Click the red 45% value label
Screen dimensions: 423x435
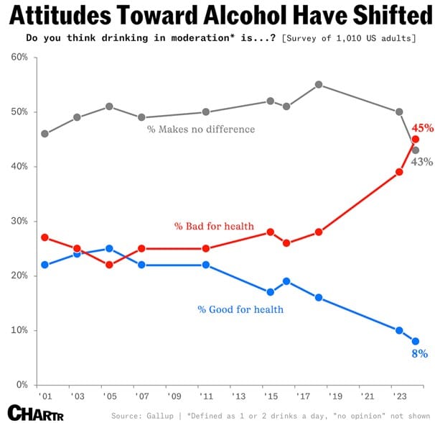[x=422, y=128]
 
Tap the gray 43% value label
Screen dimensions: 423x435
[x=421, y=162]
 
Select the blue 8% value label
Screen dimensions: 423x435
[x=419, y=353]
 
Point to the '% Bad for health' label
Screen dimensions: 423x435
[x=214, y=227]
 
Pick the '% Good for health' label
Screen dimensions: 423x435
[x=240, y=309]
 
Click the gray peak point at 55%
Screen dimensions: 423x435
[x=319, y=85]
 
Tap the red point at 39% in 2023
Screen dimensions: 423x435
[x=399, y=172]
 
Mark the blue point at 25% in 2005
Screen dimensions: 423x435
[x=109, y=249]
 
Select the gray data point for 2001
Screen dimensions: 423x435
[x=45, y=134]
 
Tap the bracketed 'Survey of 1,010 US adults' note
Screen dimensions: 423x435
[x=350, y=37]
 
